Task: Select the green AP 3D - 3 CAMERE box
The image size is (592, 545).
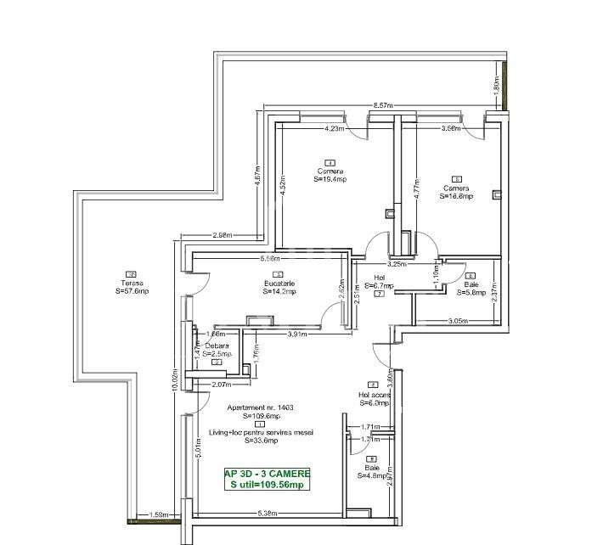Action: [267, 479]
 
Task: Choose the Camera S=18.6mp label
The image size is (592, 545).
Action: [456, 191]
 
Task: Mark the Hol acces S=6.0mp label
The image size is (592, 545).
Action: [373, 398]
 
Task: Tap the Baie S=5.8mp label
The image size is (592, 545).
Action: [471, 289]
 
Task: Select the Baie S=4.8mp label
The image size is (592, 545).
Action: [372, 470]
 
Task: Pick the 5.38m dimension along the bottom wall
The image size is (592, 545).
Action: [268, 514]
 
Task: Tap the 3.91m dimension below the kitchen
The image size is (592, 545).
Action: [297, 334]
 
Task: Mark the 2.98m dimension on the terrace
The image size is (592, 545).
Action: [223, 235]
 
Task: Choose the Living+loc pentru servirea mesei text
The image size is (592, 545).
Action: [262, 432]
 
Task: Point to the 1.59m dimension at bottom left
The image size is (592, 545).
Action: [156, 514]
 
